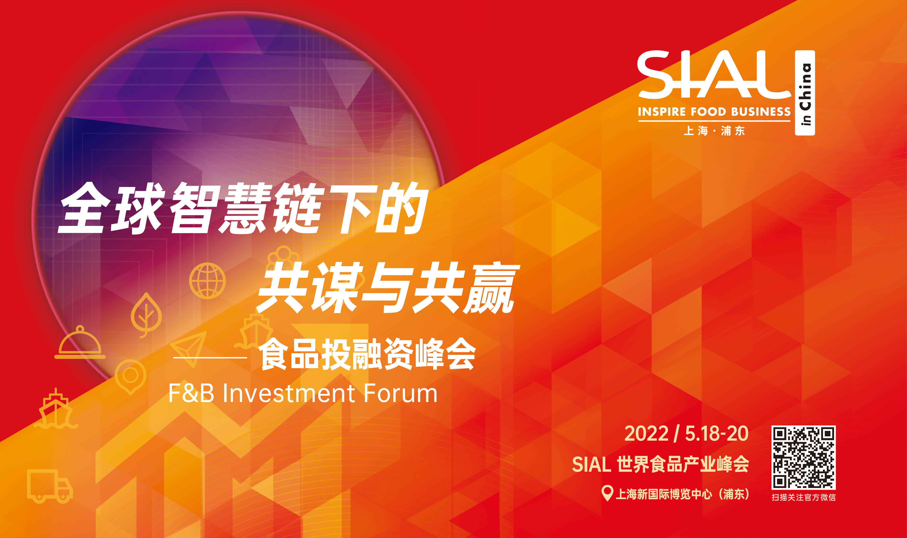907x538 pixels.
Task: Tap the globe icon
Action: pyautogui.click(x=208, y=281)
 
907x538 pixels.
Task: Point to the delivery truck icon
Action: pyautogui.click(x=50, y=486)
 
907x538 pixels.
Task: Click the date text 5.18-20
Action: pyautogui.click(x=717, y=434)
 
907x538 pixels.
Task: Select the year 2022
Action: pyautogui.click(x=646, y=434)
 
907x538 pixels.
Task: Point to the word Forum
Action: pyautogui.click(x=400, y=393)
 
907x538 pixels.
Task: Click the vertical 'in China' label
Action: pyautogui.click(x=805, y=93)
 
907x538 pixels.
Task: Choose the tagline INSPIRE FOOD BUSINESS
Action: pyautogui.click(x=714, y=112)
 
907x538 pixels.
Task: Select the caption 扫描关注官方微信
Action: pyautogui.click(x=803, y=497)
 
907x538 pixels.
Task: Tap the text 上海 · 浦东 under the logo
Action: pyautogui.click(x=714, y=131)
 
